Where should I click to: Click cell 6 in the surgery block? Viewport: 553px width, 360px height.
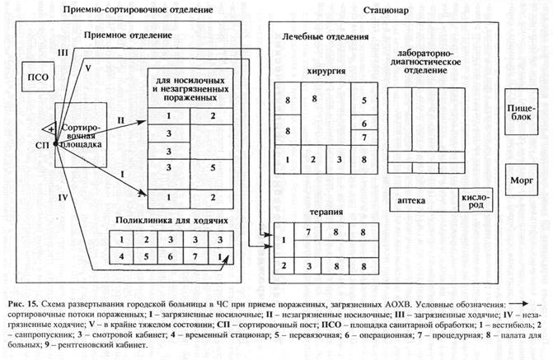click(x=364, y=124)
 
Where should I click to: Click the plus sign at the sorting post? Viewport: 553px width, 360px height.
click(x=50, y=129)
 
